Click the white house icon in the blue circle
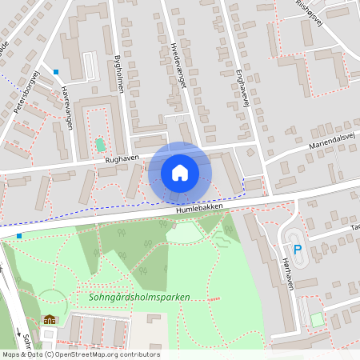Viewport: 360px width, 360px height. pos(180,172)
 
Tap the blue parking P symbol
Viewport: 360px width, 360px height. pos(298,250)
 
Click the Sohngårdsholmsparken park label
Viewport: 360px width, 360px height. pos(134,297)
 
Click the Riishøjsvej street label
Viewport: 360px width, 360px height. pos(313,8)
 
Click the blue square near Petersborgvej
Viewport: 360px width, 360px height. pos(56,72)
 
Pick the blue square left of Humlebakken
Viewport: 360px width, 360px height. pos(19,236)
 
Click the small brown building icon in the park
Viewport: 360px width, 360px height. pos(50,320)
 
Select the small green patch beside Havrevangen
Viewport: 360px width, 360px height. pos(100,145)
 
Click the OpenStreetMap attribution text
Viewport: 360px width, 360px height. pos(80,354)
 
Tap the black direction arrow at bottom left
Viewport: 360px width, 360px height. pos(18,330)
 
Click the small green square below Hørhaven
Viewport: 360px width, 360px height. pos(318,319)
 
